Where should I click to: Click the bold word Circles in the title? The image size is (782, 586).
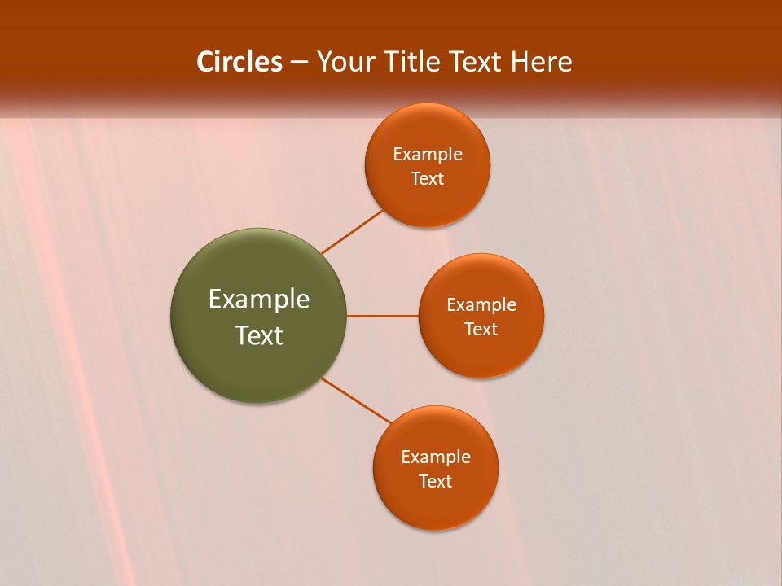(x=239, y=62)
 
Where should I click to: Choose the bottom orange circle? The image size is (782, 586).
(x=436, y=505)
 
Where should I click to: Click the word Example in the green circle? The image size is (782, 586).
(x=259, y=300)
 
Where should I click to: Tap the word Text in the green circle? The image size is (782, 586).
(x=259, y=335)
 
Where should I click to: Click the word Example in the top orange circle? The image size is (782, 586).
(x=428, y=155)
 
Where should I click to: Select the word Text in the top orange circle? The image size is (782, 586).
(x=428, y=179)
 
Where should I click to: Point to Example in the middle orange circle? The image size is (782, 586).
(x=481, y=305)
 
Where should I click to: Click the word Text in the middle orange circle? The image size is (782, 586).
(x=481, y=330)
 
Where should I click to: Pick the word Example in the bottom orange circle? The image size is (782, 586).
(x=436, y=457)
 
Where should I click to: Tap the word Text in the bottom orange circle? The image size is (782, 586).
(x=436, y=482)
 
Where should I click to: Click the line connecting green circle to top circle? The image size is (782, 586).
(x=352, y=232)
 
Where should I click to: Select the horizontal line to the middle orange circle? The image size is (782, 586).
(x=383, y=316)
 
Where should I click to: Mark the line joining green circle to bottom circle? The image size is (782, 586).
(x=357, y=400)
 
